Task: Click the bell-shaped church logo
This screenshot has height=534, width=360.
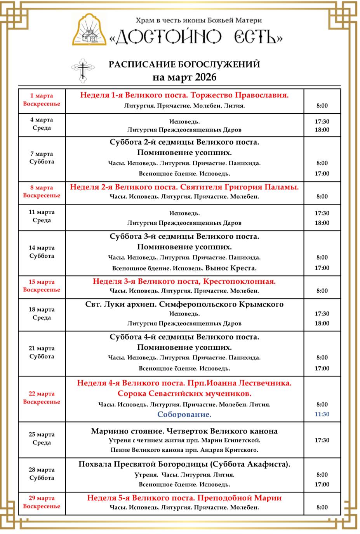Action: [x=90, y=30]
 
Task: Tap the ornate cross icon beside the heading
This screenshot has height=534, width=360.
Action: [x=83, y=70]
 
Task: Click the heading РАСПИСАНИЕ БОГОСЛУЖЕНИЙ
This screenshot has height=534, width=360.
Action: [x=184, y=64]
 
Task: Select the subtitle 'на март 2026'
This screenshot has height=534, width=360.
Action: [x=184, y=77]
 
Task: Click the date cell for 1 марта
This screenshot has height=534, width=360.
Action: [x=42, y=100]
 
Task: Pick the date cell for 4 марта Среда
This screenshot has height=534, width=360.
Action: [x=42, y=124]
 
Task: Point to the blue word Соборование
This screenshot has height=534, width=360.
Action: [x=184, y=414]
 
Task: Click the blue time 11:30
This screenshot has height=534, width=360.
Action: [x=322, y=414]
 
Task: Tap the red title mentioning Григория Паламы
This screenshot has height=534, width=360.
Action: [x=184, y=187]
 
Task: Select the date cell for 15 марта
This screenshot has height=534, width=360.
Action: [x=42, y=286]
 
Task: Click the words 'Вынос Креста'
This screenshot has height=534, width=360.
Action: [x=231, y=268]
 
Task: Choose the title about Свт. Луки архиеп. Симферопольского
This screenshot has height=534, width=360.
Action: [x=184, y=304]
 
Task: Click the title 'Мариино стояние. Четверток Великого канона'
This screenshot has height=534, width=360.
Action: [x=184, y=431]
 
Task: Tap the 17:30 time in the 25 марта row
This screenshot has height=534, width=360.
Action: [x=322, y=440]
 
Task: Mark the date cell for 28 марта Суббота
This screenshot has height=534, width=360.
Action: [x=42, y=473]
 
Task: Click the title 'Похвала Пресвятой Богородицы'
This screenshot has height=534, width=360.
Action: [x=184, y=464]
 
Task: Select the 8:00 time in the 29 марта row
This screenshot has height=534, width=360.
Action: [x=322, y=507]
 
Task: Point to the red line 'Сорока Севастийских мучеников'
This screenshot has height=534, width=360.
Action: [x=184, y=394]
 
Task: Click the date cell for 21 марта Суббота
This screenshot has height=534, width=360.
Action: [x=42, y=352]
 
